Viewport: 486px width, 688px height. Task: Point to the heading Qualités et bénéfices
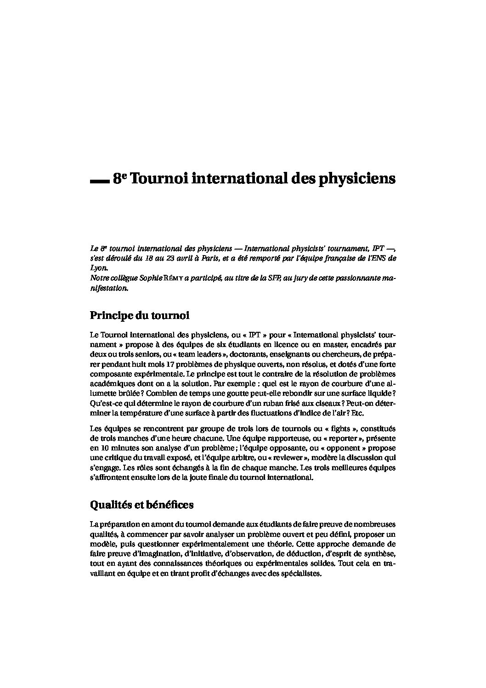(141, 505)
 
